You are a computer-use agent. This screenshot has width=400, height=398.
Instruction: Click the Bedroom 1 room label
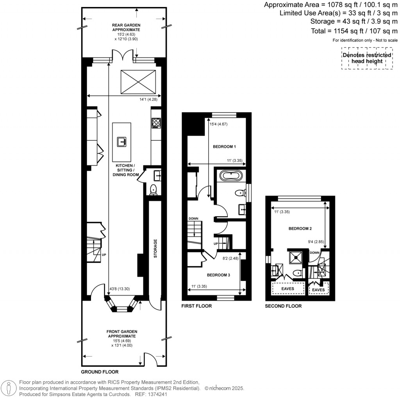224,147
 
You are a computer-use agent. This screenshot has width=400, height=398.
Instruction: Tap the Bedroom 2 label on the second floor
300,228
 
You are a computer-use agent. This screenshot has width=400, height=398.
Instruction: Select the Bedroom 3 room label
218,275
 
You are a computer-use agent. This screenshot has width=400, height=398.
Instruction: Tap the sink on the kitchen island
121,141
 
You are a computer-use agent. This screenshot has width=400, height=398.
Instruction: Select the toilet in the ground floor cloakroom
154,189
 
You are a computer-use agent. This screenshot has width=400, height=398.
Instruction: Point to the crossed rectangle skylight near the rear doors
137,81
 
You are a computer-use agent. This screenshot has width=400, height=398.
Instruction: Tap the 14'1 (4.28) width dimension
148,100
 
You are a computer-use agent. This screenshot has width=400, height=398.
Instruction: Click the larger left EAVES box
289,289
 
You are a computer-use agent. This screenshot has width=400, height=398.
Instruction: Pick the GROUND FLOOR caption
100,372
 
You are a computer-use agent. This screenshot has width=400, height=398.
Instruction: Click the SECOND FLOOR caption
283,306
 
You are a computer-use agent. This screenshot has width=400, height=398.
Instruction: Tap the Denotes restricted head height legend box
367,58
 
